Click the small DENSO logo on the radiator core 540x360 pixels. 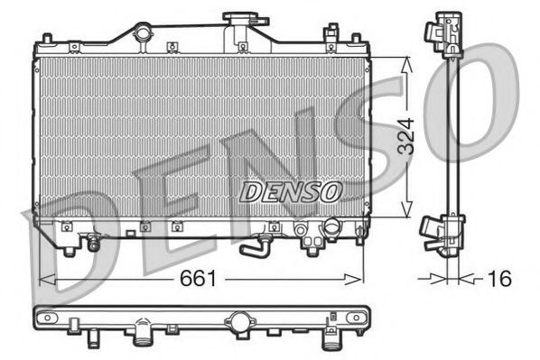[x=290, y=191]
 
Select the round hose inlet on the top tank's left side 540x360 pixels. [x=143, y=34]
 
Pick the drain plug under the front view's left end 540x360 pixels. [x=92, y=243]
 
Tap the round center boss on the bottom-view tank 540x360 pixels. [x=238, y=321]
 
